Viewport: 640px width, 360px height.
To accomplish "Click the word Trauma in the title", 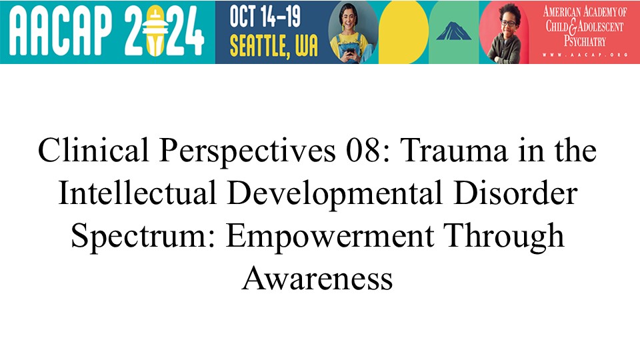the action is [x=454, y=150].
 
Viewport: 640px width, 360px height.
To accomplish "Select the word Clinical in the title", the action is [x=93, y=150].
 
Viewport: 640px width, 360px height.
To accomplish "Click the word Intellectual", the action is [x=137, y=193].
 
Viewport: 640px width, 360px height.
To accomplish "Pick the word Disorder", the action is [x=515, y=193].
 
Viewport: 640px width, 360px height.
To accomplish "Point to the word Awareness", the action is [x=317, y=278].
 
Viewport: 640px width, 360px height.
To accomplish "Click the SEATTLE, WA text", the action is [x=273, y=45].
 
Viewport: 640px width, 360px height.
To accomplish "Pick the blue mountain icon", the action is [x=453, y=31].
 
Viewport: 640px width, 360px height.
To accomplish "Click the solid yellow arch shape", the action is [x=403, y=33].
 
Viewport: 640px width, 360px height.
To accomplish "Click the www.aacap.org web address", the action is [x=585, y=54].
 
